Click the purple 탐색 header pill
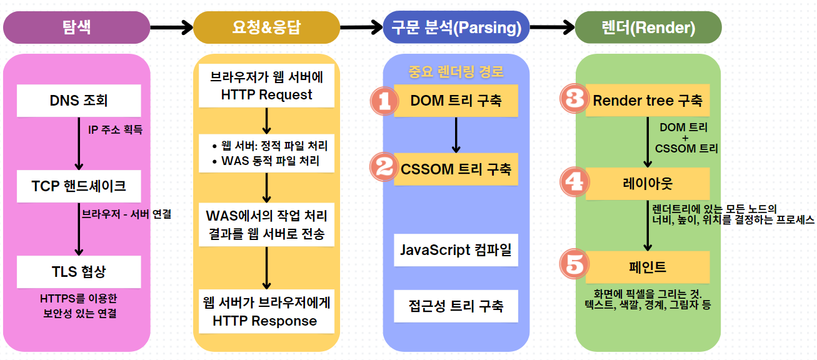tap(76, 27)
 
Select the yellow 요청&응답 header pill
tap(267, 27)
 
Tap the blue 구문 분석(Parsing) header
tap(456, 27)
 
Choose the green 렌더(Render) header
tap(648, 27)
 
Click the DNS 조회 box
tap(79, 100)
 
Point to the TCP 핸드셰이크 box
tap(79, 186)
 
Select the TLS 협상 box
tap(79, 271)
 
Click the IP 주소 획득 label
tap(115, 131)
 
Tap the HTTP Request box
tap(267, 87)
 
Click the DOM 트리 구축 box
tap(456, 100)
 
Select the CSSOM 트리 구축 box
tap(456, 169)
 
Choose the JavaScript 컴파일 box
tap(456, 250)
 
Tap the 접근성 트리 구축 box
tap(456, 306)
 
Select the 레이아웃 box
tap(648, 183)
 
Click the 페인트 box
tap(648, 267)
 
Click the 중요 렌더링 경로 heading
tap(456, 71)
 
